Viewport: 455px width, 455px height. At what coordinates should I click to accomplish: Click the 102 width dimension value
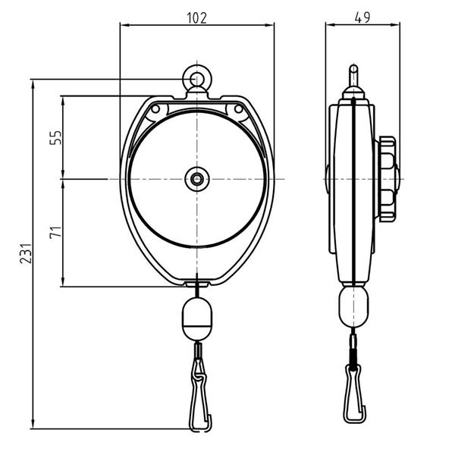196,18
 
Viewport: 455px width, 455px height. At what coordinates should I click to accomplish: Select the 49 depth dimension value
362,17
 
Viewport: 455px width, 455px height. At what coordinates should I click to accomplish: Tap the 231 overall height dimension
26,253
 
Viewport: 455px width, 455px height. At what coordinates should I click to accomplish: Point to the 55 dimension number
55,137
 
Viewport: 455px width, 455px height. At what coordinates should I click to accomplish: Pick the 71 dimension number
55,231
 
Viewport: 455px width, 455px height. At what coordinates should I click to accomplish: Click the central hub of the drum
197,179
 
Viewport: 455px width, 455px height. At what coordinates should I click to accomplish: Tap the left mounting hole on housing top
155,109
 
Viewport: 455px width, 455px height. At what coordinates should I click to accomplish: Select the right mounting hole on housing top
239,109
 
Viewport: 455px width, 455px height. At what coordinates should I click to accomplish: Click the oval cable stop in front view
197,318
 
